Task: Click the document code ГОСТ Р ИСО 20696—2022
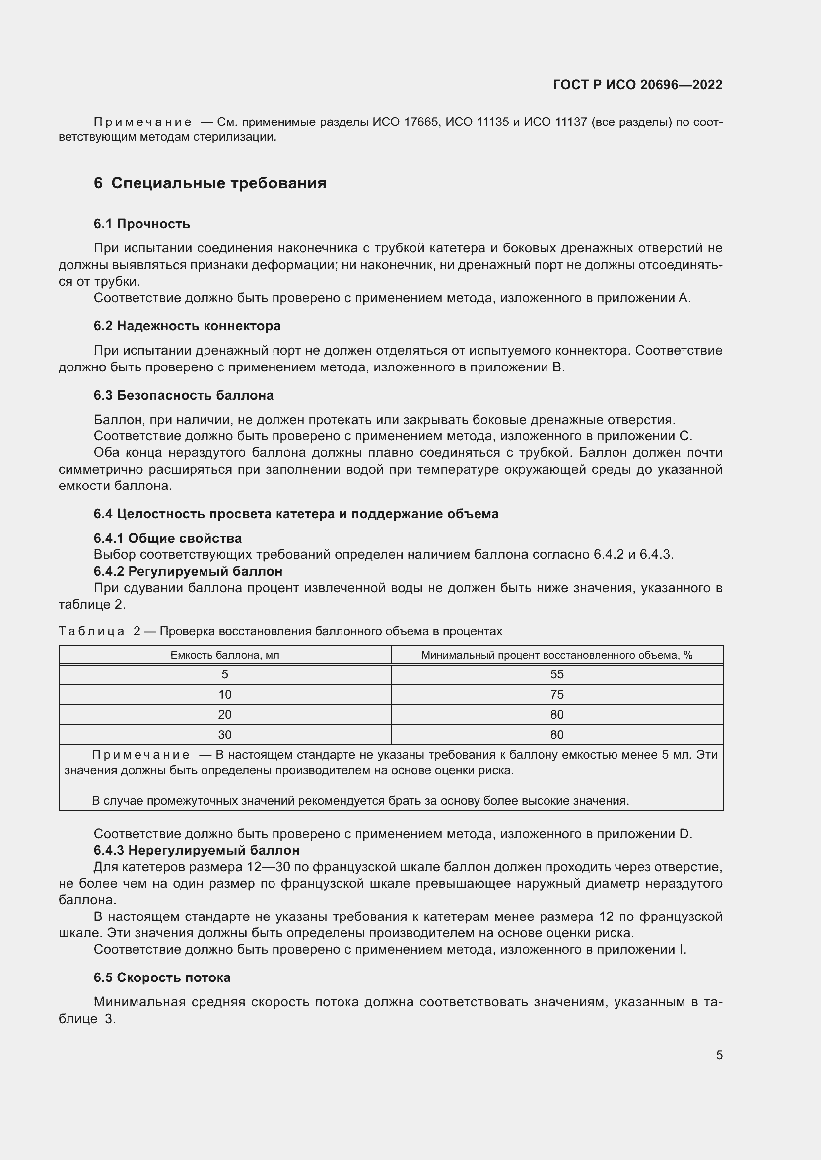(x=637, y=85)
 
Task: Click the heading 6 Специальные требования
(x=210, y=183)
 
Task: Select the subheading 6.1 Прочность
(x=141, y=224)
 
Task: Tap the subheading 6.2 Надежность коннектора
(x=187, y=326)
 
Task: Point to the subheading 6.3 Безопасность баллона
(x=184, y=395)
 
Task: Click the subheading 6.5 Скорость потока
(x=162, y=977)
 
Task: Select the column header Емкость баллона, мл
(x=225, y=655)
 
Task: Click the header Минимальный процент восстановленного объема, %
(x=556, y=655)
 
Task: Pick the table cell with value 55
(x=556, y=674)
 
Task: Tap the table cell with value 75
(x=556, y=695)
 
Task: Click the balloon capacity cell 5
(x=225, y=674)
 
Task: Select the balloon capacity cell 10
(x=225, y=695)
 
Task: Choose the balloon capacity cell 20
(x=225, y=714)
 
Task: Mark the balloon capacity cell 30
(x=225, y=734)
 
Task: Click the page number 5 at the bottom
(x=719, y=1055)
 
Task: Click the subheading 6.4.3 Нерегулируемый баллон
(x=197, y=851)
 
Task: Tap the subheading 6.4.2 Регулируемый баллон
(x=188, y=571)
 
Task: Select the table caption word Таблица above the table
(x=91, y=631)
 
